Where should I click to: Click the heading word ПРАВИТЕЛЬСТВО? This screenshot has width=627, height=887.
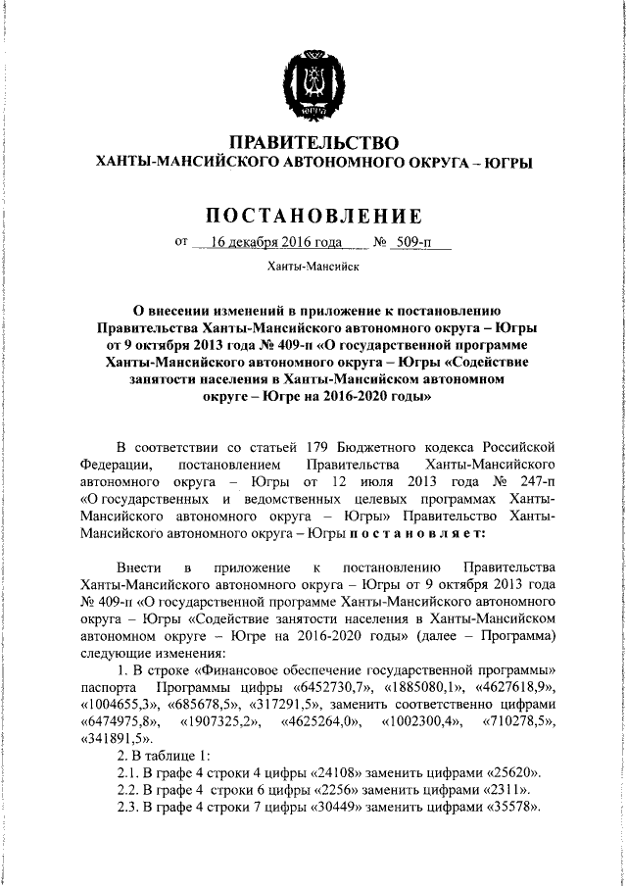313,143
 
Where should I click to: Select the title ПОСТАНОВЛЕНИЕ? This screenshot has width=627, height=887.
313,215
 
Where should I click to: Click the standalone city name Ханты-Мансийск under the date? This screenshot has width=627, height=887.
313,267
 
